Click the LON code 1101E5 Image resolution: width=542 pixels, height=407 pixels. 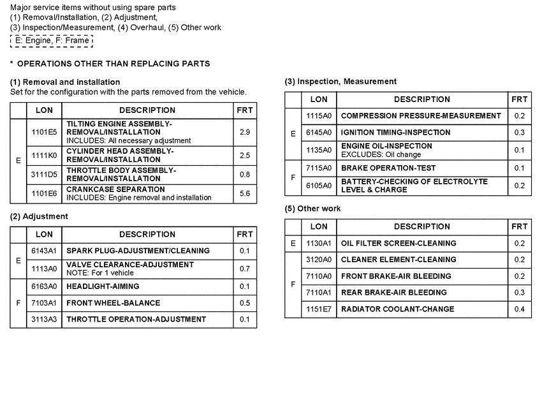coord(44,131)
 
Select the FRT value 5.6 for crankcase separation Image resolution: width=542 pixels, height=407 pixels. coord(244,193)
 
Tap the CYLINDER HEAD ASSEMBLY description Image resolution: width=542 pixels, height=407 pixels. coord(120,155)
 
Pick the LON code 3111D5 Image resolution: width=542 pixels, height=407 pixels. coord(44,174)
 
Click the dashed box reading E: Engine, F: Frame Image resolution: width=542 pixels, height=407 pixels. coord(52,41)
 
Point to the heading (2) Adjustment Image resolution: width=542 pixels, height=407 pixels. coord(39,216)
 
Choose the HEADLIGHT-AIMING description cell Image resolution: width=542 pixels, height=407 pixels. coord(103,286)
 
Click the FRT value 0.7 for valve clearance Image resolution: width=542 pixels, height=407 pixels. coord(244,269)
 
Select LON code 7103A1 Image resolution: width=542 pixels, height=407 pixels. coord(44,303)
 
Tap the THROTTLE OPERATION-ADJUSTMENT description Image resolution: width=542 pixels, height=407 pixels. coord(136,319)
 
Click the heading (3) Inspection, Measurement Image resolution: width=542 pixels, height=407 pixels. coord(341,82)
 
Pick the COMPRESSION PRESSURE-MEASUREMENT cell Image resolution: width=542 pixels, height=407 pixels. coord(421,116)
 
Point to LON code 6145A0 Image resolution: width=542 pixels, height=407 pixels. coord(319,133)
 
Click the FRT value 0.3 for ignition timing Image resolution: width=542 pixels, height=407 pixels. coord(520,133)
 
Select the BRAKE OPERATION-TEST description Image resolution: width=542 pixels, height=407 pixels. coord(388,168)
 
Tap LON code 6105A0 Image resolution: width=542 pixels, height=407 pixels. coord(319,186)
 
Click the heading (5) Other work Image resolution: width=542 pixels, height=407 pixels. coord(312,209)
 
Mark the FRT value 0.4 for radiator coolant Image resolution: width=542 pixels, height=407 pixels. coord(520,309)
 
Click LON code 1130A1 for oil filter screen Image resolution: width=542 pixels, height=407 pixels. coord(319,243)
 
